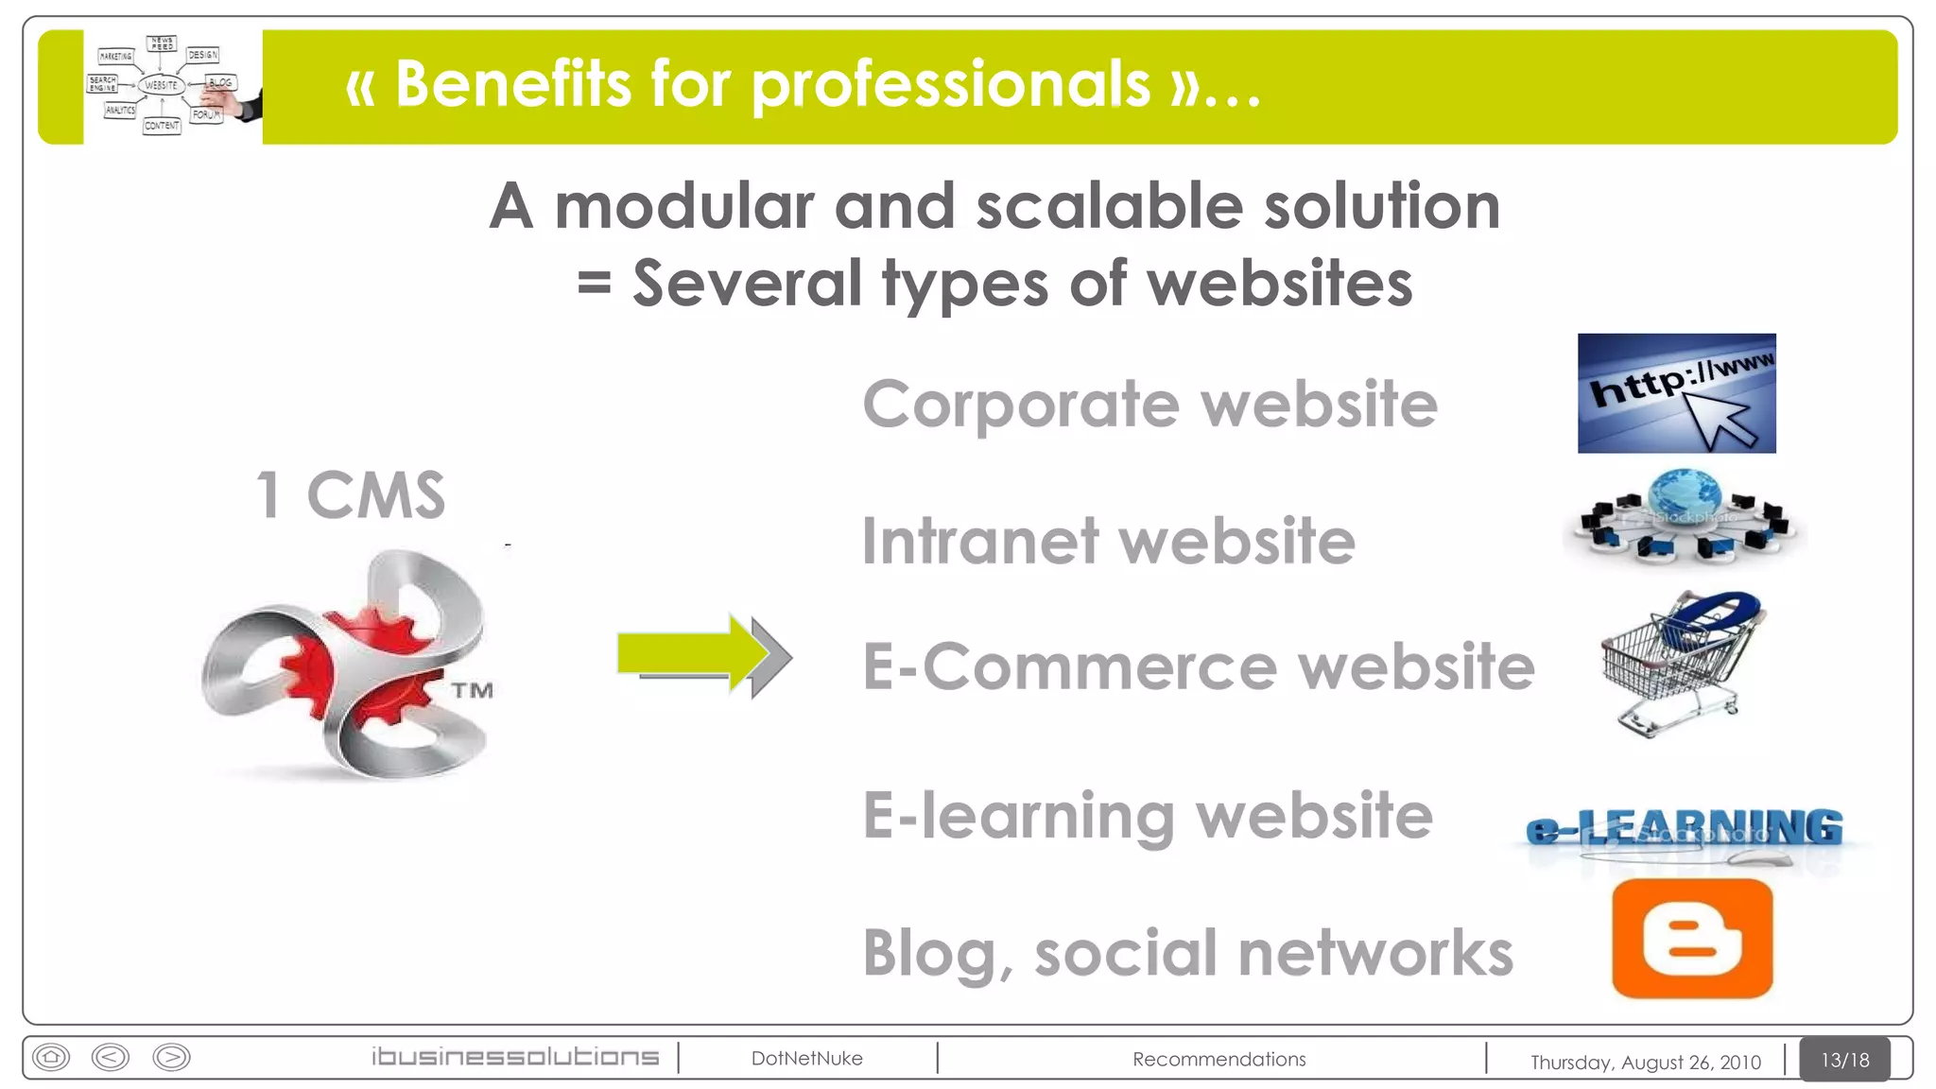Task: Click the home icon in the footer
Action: [51, 1056]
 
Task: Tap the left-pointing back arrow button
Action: [111, 1056]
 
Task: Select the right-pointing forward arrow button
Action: [171, 1056]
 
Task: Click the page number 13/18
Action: [1844, 1060]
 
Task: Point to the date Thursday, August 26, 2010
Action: [1645, 1062]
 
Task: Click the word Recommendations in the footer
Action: [1219, 1059]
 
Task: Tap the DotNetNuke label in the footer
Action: [806, 1058]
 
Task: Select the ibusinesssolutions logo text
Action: [515, 1057]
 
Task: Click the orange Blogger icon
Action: [1692, 939]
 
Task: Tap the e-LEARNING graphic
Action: [1685, 830]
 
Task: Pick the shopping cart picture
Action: [1679, 662]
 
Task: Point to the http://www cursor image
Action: [1676, 393]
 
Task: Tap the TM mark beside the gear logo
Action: [472, 690]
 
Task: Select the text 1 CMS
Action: [351, 494]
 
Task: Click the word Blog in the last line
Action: [930, 953]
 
